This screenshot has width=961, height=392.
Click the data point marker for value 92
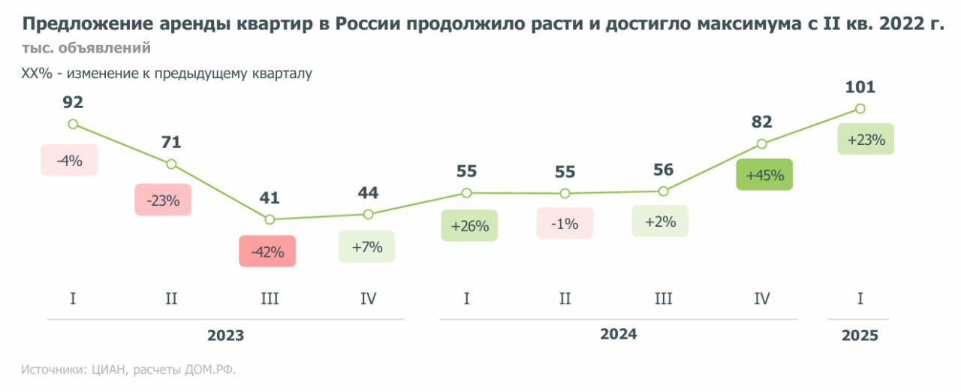click(73, 124)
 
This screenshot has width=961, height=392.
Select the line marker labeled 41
click(270, 219)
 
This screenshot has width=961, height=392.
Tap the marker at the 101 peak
click(860, 109)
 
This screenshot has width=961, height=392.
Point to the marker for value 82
click(762, 143)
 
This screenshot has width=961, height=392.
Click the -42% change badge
click(267, 252)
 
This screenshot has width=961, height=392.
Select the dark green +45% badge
click(764, 175)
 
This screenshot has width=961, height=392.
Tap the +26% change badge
click(469, 225)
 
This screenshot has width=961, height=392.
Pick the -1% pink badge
click(565, 223)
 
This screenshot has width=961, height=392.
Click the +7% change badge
click(367, 246)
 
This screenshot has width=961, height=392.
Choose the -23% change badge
click(163, 201)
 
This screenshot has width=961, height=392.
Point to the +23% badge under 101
click(866, 139)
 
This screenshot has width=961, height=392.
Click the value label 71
click(171, 142)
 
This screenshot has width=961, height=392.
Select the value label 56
click(663, 170)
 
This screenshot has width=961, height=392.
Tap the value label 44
click(368, 193)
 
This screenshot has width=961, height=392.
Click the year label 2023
click(225, 336)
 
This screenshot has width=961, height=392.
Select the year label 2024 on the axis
click(618, 334)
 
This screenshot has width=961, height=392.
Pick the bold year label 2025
click(860, 336)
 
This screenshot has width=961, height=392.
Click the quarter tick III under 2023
click(270, 299)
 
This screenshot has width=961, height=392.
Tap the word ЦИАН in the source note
click(110, 369)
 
